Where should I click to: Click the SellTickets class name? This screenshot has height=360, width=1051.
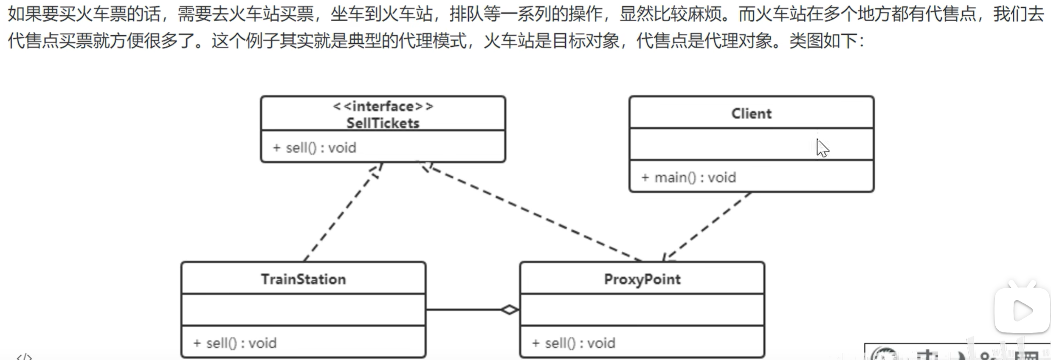[383, 123]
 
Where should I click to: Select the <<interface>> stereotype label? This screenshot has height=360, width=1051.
[383, 106]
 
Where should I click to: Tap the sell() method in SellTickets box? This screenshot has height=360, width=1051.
[315, 148]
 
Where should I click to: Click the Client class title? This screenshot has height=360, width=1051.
[751, 113]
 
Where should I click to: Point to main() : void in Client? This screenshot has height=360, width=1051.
[688, 177]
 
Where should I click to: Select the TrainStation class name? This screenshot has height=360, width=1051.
[303, 279]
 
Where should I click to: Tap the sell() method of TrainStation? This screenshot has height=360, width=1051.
[235, 343]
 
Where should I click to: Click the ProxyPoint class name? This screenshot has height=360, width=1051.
[642, 279]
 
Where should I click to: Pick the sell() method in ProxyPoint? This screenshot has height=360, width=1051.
[573, 343]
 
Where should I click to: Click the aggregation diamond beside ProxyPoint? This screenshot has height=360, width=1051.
[509, 309]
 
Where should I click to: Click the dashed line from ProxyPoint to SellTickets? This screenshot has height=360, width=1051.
[531, 212]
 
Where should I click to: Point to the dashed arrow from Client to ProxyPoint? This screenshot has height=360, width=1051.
[707, 226]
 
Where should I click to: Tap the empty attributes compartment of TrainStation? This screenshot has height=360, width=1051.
[303, 309]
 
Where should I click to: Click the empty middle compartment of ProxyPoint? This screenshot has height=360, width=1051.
[642, 309]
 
